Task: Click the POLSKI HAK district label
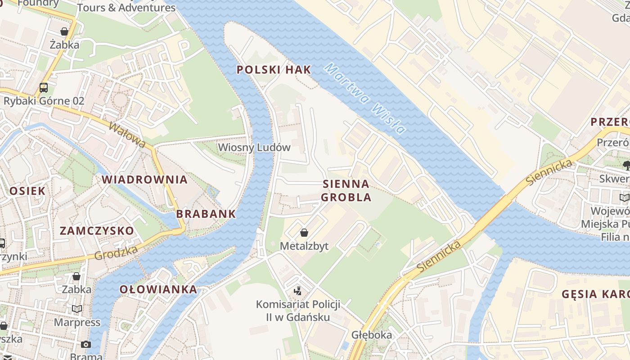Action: click(274, 70)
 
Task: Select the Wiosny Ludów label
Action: click(254, 148)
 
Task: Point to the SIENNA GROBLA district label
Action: click(346, 190)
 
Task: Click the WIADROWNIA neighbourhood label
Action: click(144, 180)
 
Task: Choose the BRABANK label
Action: click(206, 214)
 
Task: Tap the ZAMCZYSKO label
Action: click(97, 231)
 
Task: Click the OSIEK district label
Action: click(27, 191)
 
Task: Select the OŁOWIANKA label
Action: click(158, 289)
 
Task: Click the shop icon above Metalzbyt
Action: click(304, 233)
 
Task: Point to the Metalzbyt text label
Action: click(304, 246)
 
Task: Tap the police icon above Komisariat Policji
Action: click(297, 291)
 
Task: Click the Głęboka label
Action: click(372, 335)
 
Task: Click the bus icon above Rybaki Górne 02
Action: click(44, 87)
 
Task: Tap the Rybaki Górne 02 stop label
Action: click(44, 101)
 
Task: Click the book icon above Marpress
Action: click(77, 309)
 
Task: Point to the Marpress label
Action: click(77, 322)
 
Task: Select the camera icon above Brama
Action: click(85, 345)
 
